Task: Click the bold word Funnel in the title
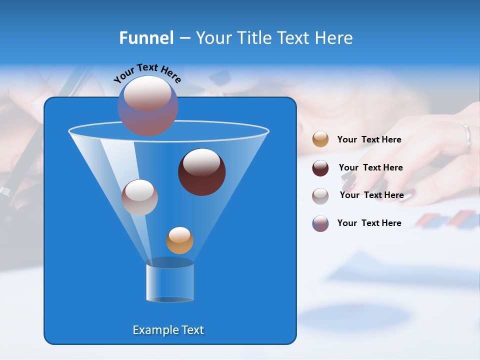(146, 38)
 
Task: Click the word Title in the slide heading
(254, 38)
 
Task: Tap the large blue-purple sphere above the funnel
(147, 105)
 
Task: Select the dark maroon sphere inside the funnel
(201, 172)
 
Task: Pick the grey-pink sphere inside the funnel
(139, 197)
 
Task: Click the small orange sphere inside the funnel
(179, 240)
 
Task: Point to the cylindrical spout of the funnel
(170, 282)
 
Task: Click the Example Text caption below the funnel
(168, 330)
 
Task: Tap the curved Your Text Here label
(147, 73)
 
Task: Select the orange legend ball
(320, 139)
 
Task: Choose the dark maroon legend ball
(320, 168)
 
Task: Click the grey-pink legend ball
(320, 195)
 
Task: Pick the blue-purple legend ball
(320, 223)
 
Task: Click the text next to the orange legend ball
(369, 140)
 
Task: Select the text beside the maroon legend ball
(370, 167)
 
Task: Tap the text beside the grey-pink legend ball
(371, 195)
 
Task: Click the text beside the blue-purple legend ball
(369, 223)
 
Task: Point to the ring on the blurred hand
(466, 137)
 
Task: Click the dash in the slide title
(184, 38)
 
